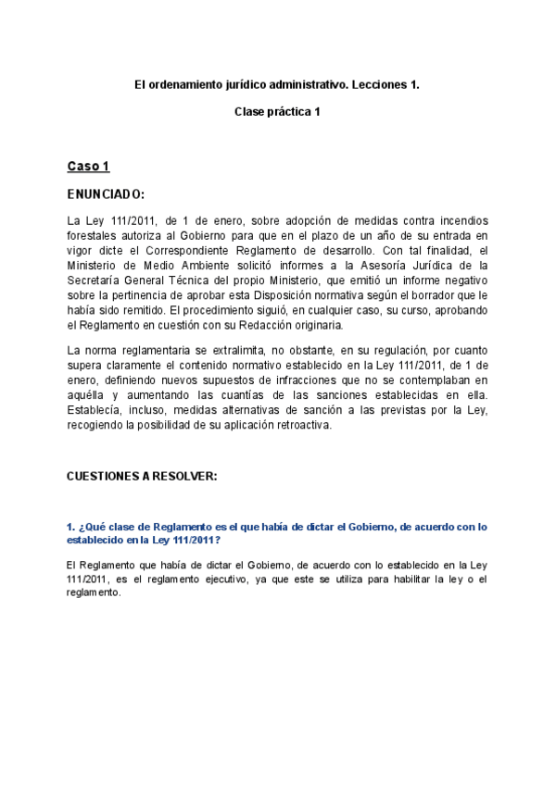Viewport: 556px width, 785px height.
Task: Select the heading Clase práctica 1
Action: pyautogui.click(x=277, y=112)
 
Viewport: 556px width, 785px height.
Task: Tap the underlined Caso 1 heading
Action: pyautogui.click(x=88, y=167)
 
